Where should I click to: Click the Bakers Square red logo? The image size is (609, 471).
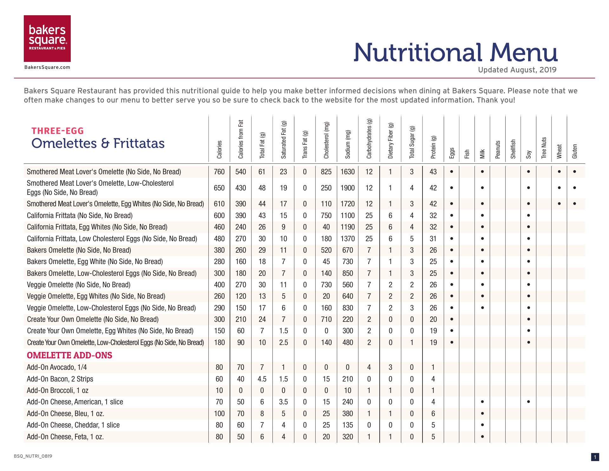(x=47, y=38)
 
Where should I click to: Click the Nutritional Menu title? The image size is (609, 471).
(x=455, y=52)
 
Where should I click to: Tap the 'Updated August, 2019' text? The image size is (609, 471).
(x=517, y=70)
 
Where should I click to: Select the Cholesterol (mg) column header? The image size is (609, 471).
(x=326, y=140)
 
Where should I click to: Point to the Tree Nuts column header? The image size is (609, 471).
(x=544, y=148)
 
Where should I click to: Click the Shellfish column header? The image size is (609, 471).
(x=513, y=149)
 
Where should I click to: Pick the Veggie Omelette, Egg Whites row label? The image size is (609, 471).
(x=96, y=296)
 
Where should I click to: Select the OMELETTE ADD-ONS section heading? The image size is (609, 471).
(x=69, y=355)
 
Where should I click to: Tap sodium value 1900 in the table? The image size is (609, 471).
(x=347, y=188)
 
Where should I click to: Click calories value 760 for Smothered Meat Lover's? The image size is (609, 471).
(x=219, y=172)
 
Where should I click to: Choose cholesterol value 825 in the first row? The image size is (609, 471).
(x=326, y=172)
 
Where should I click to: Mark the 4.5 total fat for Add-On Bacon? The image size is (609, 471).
(x=262, y=379)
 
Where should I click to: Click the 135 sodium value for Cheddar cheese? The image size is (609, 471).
(x=347, y=425)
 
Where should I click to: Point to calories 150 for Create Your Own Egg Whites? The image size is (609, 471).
(x=219, y=331)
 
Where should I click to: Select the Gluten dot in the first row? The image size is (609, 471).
(x=574, y=172)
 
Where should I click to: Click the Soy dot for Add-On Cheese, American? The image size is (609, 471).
(x=528, y=402)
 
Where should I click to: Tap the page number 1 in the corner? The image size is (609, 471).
(x=595, y=457)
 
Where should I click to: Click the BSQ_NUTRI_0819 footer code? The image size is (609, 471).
(x=33, y=456)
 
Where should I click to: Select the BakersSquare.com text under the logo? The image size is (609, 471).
(x=47, y=67)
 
